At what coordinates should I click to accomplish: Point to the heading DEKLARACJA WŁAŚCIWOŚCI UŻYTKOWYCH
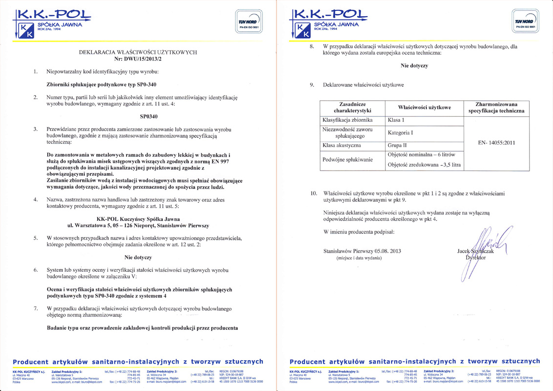(x=138, y=51)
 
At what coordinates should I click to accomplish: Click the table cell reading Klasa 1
(x=396, y=120)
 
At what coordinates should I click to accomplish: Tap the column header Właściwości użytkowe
(x=424, y=108)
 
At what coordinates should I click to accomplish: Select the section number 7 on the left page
(x=35, y=308)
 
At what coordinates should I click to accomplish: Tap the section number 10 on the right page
(x=314, y=194)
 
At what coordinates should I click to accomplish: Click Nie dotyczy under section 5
(x=138, y=257)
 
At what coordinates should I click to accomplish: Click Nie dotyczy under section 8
(x=414, y=66)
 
